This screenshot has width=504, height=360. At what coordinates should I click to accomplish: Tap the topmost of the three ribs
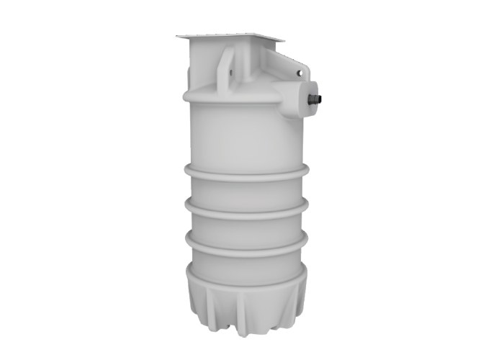(x=245, y=174)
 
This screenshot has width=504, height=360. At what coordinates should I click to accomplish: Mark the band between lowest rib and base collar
(x=245, y=256)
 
